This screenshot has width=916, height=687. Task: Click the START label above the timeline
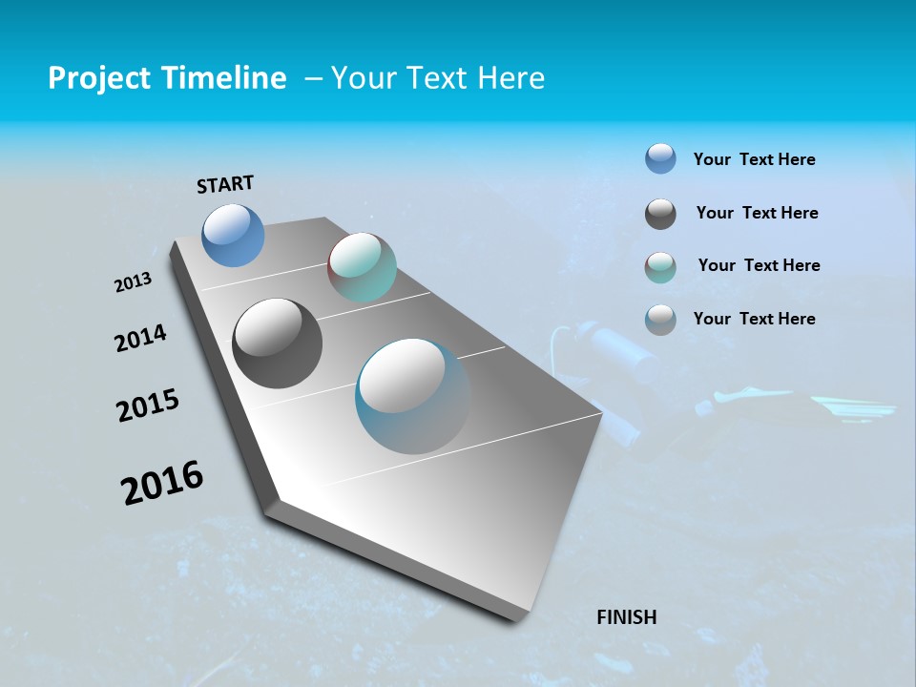pos(225,184)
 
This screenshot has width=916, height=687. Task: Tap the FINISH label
pos(626,617)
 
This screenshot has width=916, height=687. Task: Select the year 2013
pos(134,282)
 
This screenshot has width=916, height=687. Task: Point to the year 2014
pos(140,339)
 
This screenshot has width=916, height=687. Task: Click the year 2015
pos(148,406)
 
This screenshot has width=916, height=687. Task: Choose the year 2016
pos(162,483)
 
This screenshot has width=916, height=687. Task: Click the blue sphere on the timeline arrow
pos(233,235)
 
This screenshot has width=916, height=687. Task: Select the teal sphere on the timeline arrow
pos(362,267)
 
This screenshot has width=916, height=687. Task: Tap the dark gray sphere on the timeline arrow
pos(277,343)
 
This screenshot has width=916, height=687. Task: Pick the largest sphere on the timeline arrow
pos(412,396)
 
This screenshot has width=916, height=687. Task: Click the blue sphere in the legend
pos(660,159)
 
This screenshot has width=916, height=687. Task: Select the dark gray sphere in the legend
pos(660,214)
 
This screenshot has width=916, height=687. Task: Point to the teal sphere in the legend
pos(660,267)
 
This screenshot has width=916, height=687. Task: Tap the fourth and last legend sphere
pos(660,320)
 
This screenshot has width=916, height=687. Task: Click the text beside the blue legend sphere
pos(754,160)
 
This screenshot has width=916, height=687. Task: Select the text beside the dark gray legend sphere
pos(757,214)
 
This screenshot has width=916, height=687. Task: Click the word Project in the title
pos(97,78)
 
